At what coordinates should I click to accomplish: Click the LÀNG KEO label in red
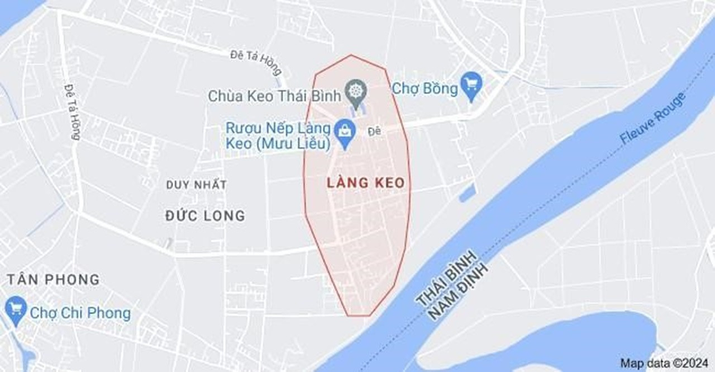[365, 183]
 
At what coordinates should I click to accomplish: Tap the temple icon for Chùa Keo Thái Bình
[356, 91]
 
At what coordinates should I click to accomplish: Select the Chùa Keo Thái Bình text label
[274, 96]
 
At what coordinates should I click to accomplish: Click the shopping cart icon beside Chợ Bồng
[473, 84]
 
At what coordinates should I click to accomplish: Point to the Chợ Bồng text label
[425, 88]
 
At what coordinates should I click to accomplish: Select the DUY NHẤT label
[196, 185]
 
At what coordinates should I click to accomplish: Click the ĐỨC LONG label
[205, 215]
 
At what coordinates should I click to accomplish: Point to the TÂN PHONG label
[53, 279]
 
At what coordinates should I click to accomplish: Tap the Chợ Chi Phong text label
[80, 313]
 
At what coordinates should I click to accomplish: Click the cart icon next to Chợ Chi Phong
[15, 308]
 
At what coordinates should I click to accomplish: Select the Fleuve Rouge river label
[653, 119]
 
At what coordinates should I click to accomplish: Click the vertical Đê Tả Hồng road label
[72, 112]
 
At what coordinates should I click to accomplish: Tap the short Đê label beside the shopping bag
[374, 131]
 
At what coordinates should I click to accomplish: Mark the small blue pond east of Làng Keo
[467, 193]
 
